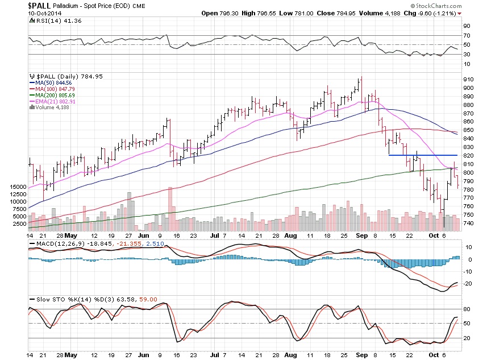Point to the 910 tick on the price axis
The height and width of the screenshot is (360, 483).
pyautogui.click(x=468, y=79)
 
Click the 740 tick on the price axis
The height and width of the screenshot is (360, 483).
pyautogui.click(x=468, y=223)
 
